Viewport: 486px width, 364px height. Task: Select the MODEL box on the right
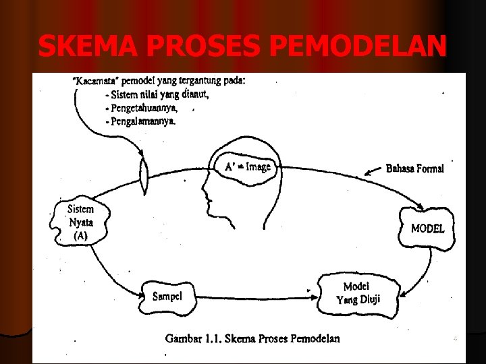coord(427,229)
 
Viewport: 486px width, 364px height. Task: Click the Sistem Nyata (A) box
coord(80,221)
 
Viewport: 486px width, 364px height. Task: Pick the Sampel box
coord(168,295)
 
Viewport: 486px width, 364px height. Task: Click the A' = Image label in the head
coord(248,167)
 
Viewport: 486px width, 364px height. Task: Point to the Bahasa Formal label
coord(414,169)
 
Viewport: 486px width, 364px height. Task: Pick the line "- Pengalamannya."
coord(140,121)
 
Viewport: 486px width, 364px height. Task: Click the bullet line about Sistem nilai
coord(157,94)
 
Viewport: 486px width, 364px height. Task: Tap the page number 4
coord(455,338)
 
